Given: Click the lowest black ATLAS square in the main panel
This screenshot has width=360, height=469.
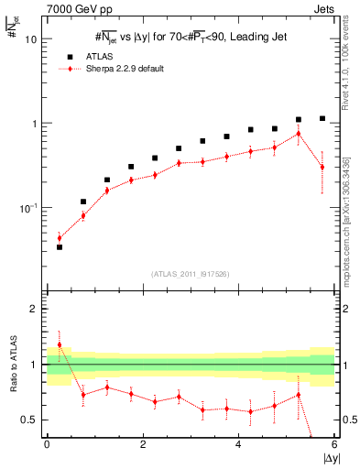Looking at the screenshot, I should (60, 247).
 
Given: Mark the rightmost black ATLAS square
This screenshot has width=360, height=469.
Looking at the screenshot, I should (322, 118).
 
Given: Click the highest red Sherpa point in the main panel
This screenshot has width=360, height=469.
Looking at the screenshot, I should (299, 134).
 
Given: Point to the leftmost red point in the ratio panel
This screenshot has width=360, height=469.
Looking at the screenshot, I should (60, 345).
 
